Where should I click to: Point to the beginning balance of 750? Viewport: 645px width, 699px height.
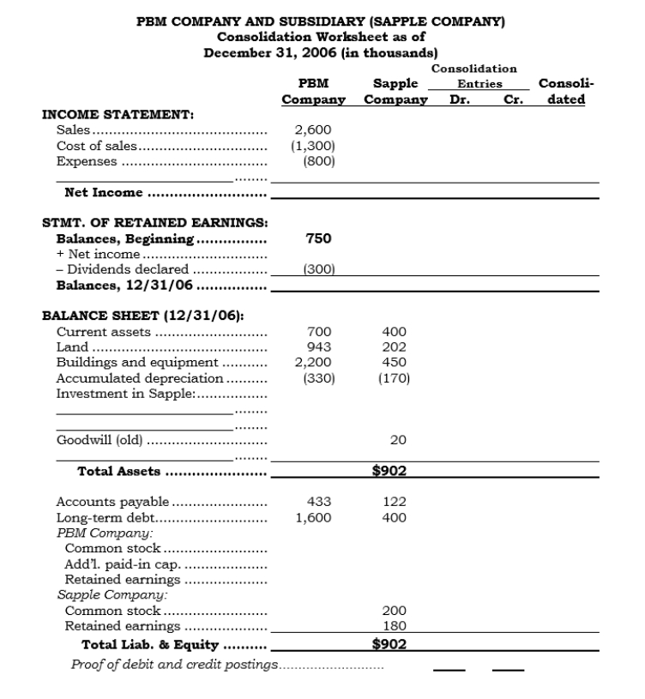318,238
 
